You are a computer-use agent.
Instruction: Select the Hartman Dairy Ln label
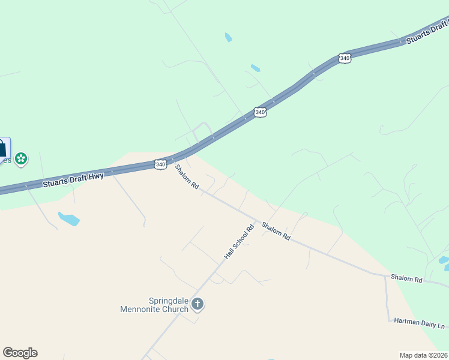(420, 322)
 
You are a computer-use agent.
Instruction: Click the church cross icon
(197, 305)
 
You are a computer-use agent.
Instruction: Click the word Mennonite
(154, 310)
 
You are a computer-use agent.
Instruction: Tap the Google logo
(20, 353)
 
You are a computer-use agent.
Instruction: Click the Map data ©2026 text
(423, 355)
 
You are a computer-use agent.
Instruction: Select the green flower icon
(21, 159)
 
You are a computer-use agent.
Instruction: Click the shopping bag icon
(3, 148)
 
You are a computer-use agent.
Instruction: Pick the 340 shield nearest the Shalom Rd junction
(160, 164)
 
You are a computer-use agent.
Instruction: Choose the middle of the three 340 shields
(259, 112)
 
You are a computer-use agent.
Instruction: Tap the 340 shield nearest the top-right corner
(344, 58)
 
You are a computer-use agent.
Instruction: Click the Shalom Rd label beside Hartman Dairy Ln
(406, 279)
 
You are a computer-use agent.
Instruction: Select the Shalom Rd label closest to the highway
(187, 177)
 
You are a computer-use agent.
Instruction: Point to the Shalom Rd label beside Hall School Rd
(276, 231)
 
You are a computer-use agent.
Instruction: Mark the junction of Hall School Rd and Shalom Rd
(257, 220)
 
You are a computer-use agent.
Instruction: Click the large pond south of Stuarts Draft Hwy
(68, 218)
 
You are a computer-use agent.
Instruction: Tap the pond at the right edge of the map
(444, 260)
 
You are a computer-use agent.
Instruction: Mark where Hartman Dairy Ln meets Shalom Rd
(386, 275)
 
